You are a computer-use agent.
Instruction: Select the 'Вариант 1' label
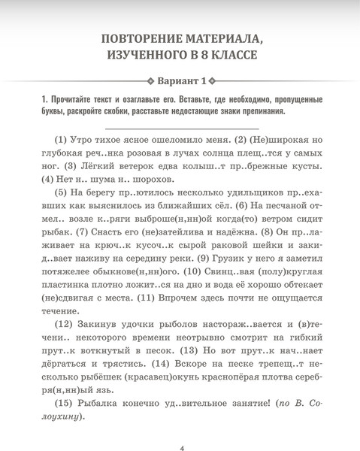click(180, 81)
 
